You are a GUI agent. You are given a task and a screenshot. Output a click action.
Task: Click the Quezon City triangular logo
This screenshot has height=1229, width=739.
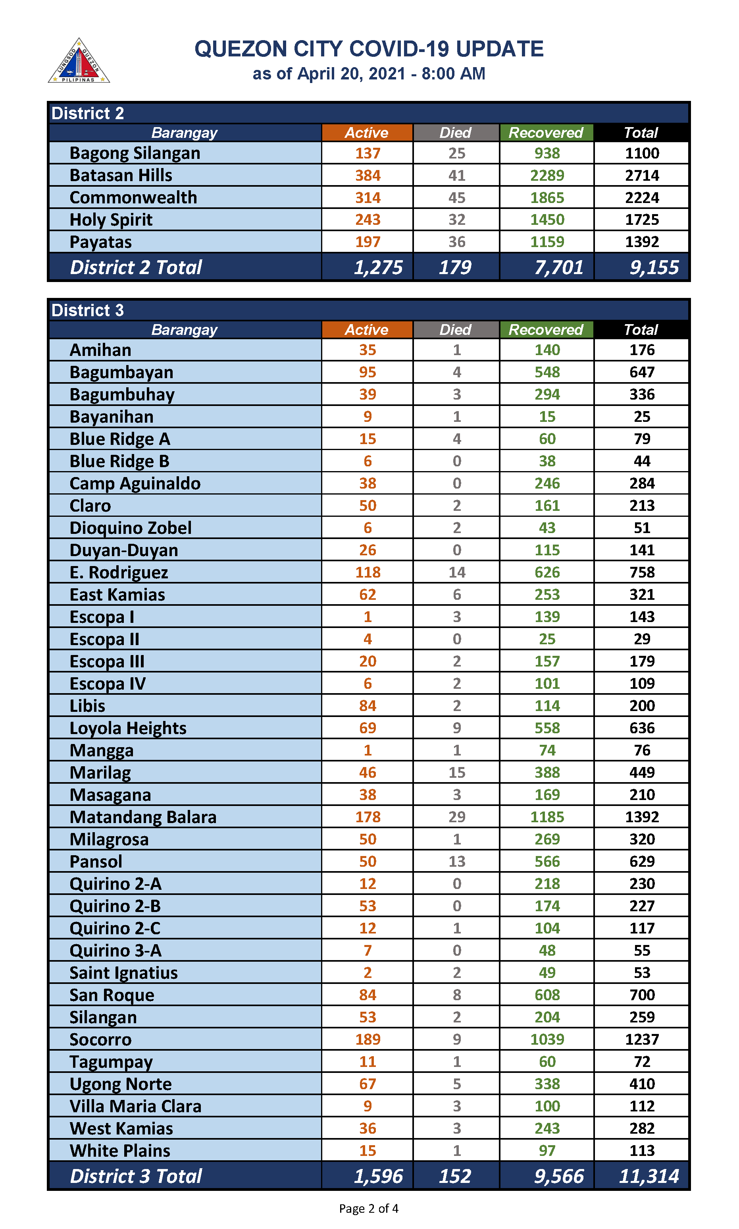[79, 61]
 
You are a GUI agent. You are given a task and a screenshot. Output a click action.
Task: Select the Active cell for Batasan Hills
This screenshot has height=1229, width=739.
[368, 176]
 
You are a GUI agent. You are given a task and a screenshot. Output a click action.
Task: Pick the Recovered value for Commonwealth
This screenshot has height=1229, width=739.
[547, 198]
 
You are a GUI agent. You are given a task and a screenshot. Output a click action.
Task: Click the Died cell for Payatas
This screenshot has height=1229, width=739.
[457, 242]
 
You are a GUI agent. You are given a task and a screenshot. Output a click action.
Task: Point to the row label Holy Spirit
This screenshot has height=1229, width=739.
[111, 220]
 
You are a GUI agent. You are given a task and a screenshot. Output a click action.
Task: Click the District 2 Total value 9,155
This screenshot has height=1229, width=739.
[653, 268]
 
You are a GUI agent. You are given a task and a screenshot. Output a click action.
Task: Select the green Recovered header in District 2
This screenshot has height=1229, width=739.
[546, 133]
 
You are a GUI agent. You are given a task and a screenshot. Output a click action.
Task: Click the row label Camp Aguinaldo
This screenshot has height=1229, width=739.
[135, 483]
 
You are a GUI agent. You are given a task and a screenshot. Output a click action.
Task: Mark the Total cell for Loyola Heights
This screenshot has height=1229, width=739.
[641, 728]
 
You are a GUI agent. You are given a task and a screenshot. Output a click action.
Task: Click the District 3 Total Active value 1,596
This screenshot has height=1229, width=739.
[378, 1176]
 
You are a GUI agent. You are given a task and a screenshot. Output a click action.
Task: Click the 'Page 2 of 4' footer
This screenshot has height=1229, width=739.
[368, 1209]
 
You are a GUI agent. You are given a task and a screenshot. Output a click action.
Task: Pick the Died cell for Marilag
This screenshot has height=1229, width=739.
[457, 773]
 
